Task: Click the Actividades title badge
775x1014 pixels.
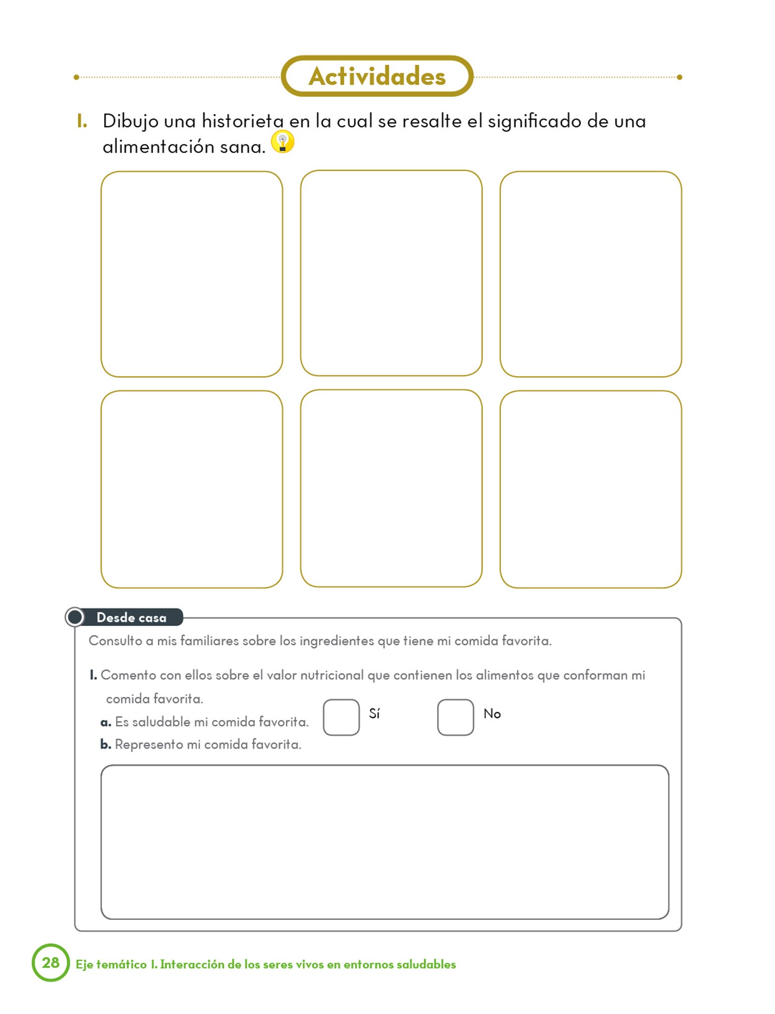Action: [377, 76]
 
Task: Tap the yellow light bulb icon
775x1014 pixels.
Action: [282, 142]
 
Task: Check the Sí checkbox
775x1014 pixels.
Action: [341, 717]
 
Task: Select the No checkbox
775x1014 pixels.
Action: [455, 717]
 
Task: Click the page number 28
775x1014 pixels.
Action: [51, 963]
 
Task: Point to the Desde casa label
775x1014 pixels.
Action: [131, 617]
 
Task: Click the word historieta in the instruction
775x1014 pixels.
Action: [242, 121]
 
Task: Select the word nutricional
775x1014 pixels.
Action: [332, 675]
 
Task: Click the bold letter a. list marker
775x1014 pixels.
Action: [106, 722]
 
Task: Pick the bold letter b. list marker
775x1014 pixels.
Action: [106, 745]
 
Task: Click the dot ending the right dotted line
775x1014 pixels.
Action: [679, 77]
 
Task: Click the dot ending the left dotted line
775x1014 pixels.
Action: [76, 77]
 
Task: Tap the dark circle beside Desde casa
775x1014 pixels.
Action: [75, 617]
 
